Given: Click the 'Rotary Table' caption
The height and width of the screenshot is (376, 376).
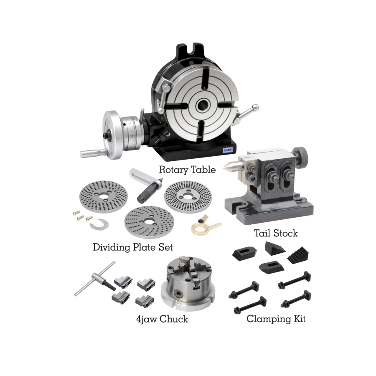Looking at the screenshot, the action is click(187, 170).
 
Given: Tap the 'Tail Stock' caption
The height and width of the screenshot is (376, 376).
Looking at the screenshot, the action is click(276, 233).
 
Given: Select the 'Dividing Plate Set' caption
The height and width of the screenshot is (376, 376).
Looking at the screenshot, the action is click(132, 247).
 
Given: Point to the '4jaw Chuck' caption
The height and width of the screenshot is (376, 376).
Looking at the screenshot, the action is click(162, 319).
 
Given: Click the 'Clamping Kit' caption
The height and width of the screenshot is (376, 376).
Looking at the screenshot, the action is click(276, 319).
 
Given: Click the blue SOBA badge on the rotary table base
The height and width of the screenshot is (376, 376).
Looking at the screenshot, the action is click(228, 150).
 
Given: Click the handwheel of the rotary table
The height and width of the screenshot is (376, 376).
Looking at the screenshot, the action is click(113, 135).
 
